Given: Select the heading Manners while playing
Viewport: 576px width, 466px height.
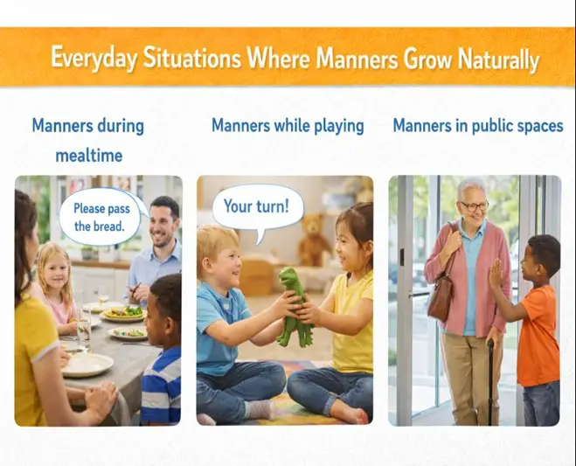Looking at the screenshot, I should coord(288,126).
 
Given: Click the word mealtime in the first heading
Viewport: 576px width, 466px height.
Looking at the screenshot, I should coord(87,156).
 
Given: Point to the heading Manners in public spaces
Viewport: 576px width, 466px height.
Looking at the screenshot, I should coord(477,126).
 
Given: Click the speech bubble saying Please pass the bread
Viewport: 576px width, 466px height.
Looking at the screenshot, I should coord(100,217).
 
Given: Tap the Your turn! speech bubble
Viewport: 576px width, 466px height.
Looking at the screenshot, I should coord(257,208).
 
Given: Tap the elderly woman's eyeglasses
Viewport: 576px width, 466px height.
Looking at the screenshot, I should coord(475,206).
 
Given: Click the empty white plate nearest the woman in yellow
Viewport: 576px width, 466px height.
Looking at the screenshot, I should coord(87,364).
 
